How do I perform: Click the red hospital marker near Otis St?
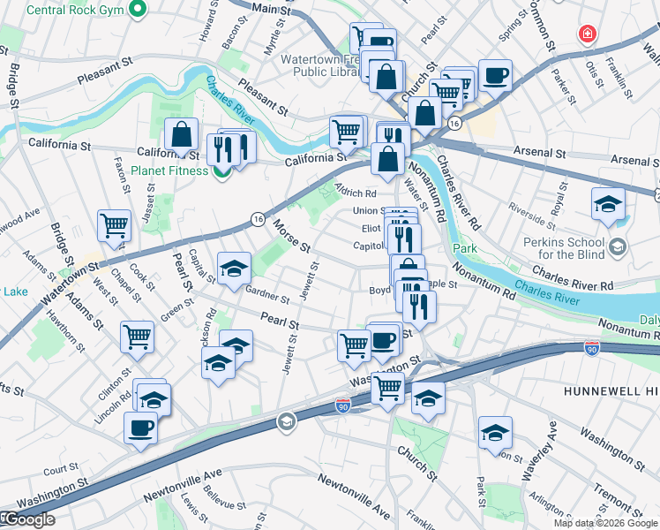coord(585,34)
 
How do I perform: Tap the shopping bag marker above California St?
coord(181,136)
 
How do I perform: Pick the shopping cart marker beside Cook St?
coord(115,225)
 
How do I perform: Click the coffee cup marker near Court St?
coord(141,429)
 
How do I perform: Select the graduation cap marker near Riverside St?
coord(608,205)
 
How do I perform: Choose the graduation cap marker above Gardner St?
coord(234,269)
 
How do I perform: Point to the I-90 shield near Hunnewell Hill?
coord(590,350)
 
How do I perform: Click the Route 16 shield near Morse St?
coord(257,218)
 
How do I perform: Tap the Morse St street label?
coord(292,234)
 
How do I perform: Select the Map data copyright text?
coord(605,523)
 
